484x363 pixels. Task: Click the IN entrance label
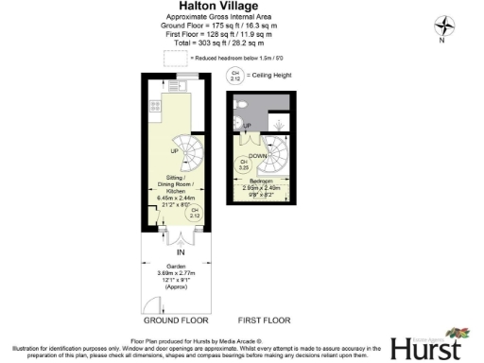pos(180,252)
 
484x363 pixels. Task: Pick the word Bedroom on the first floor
pos(262,181)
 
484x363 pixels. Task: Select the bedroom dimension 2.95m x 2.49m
pos(262,187)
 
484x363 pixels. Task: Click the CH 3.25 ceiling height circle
pos(244,164)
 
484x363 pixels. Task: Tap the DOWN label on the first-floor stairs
pos(257,156)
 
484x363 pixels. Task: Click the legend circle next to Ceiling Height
pos(233,76)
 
